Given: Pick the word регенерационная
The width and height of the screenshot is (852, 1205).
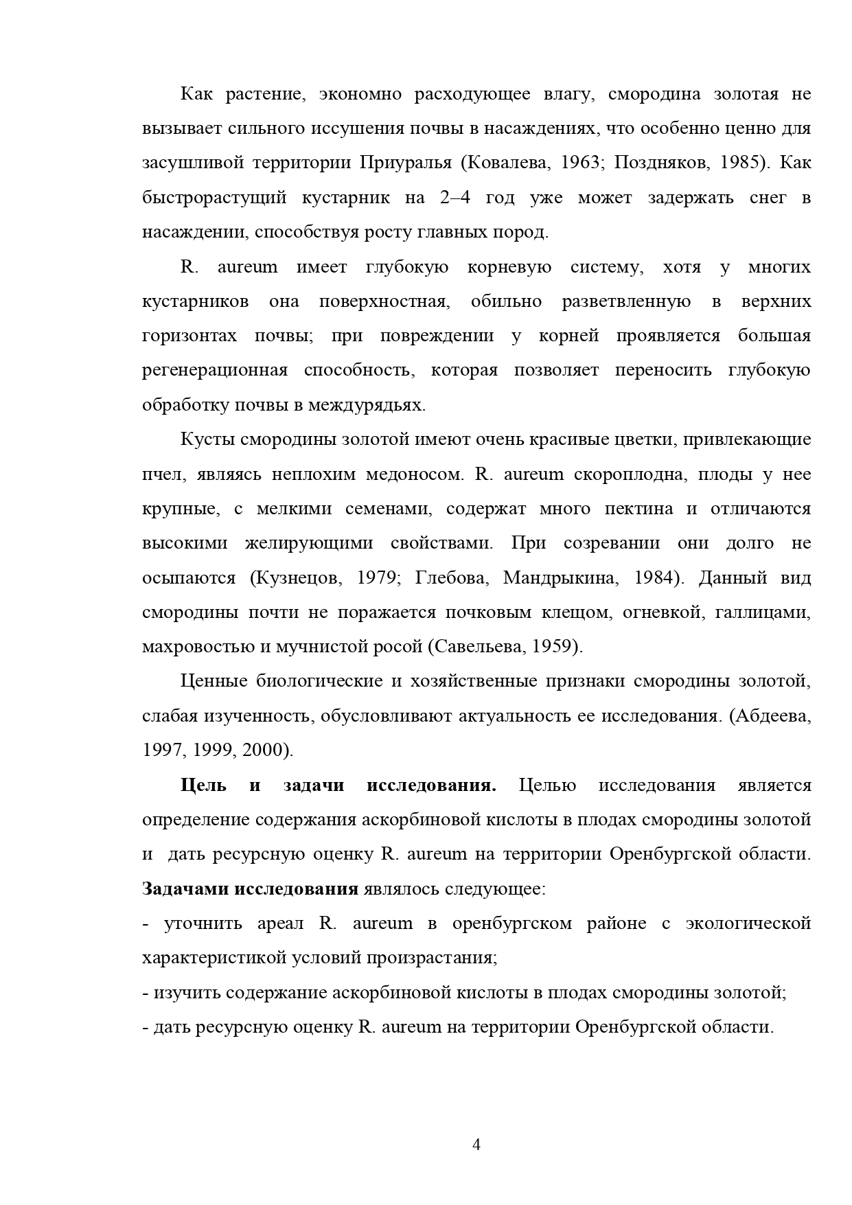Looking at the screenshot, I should click(x=214, y=371).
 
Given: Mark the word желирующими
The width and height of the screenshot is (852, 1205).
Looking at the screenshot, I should click(x=309, y=543).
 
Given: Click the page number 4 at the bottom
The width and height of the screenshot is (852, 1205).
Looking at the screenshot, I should click(x=476, y=1145).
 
